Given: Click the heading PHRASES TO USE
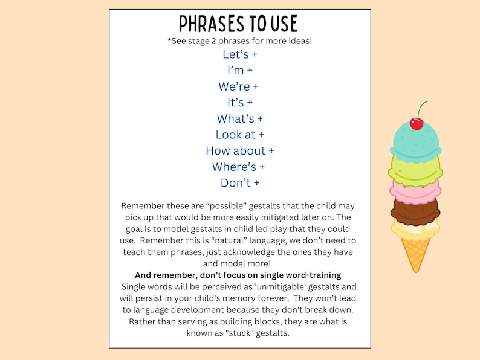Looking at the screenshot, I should point(239,24).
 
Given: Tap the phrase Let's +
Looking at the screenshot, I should point(240,54).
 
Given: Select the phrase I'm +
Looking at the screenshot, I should point(240,71).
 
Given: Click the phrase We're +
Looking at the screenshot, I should point(239,86).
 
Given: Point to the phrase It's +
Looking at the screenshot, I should point(240,103).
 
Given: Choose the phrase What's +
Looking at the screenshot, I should point(240,118).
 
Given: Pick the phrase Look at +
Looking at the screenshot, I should point(240,135).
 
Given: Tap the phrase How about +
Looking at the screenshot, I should point(240,150).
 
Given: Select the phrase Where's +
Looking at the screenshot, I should point(239,167).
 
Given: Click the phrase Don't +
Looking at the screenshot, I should point(240,182).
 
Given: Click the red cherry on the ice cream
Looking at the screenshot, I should point(417,123).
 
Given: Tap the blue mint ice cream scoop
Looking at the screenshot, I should point(416,143).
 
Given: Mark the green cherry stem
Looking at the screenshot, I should point(421,108).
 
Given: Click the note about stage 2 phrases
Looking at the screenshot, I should point(239,41).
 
